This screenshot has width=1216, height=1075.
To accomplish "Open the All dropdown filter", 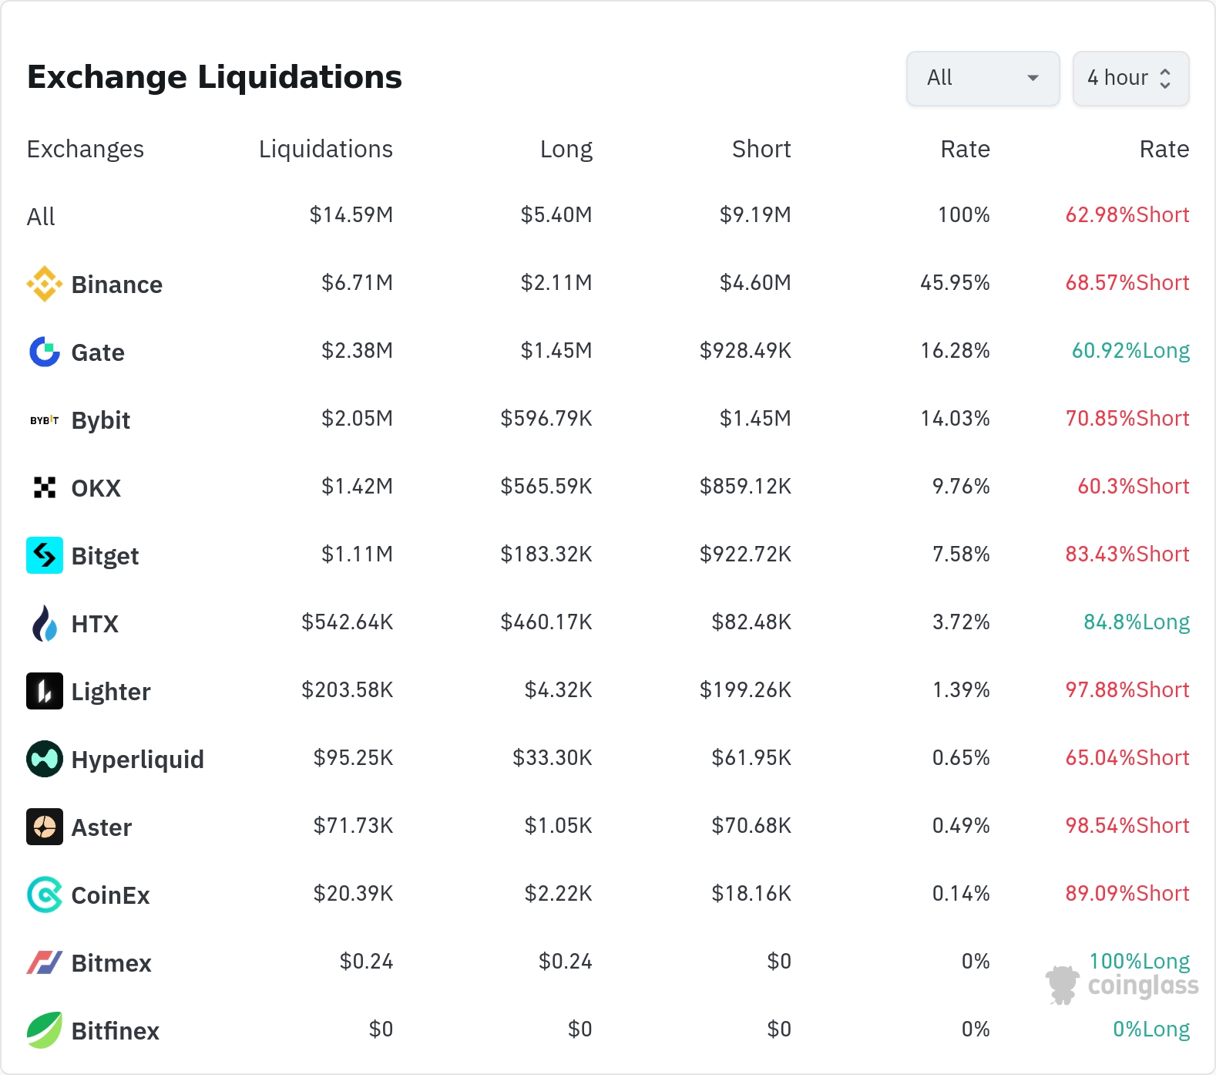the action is click(983, 78).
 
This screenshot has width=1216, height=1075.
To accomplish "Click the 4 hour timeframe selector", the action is click(1130, 78).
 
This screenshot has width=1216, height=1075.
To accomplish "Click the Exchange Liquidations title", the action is click(214, 77).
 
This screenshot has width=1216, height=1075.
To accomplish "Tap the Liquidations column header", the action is click(326, 149).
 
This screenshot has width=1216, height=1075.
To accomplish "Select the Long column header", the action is click(566, 149).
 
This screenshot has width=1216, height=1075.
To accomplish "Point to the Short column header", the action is click(761, 149).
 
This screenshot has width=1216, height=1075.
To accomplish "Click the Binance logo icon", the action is click(45, 284).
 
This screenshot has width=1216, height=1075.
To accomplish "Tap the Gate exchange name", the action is click(98, 352).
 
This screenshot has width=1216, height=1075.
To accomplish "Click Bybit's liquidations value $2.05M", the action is click(358, 418).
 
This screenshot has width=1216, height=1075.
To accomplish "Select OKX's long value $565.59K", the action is click(546, 486).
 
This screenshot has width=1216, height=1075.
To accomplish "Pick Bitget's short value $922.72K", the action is click(745, 554).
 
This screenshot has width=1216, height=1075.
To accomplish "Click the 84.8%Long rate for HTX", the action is click(1137, 622).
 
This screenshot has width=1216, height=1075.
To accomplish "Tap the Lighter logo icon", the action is click(45, 691).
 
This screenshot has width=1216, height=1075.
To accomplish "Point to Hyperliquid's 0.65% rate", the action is click(961, 757).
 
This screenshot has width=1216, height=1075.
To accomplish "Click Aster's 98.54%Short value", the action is click(1127, 825).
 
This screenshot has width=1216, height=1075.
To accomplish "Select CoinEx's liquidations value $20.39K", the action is click(354, 893).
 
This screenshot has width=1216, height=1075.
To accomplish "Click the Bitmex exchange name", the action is click(112, 963).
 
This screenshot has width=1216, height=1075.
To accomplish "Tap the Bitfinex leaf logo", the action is click(45, 1030).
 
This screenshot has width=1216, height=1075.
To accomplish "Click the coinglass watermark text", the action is click(1144, 986).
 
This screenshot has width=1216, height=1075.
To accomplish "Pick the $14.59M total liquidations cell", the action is click(351, 214).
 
